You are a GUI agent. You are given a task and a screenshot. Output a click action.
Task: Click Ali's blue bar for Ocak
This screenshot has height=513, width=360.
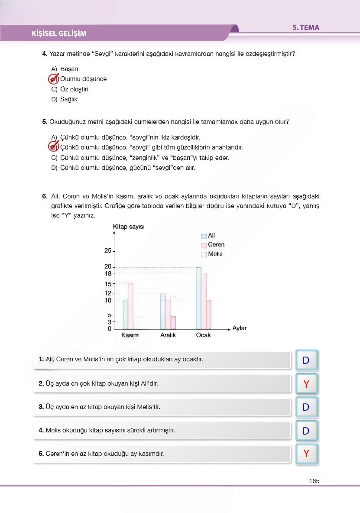pyautogui.click(x=198, y=299)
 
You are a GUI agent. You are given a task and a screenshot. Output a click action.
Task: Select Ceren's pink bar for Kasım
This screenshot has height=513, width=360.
pyautogui.click(x=130, y=306)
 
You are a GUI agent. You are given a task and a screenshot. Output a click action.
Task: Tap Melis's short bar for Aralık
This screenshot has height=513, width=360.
pyautogui.click(x=173, y=322)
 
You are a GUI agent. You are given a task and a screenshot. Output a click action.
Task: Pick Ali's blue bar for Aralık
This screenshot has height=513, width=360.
pyautogui.click(x=163, y=311)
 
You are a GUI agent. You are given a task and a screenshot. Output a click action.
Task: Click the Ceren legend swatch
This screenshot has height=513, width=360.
pyautogui.click(x=204, y=245)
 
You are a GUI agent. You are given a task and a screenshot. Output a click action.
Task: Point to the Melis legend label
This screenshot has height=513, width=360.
pyautogui.click(x=215, y=254)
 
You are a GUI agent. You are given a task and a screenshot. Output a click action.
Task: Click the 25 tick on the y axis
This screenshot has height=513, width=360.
pyautogui.click(x=108, y=251)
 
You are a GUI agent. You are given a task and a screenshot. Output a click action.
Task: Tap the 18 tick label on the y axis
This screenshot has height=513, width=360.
pyautogui.click(x=108, y=273)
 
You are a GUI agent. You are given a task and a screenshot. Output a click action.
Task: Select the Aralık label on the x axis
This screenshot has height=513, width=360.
pyautogui.click(x=168, y=335)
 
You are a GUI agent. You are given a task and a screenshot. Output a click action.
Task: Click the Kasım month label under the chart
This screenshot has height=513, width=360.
pyautogui.click(x=130, y=335)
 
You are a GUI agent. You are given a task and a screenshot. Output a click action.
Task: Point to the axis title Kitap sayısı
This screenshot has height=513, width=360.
pyautogui.click(x=129, y=227)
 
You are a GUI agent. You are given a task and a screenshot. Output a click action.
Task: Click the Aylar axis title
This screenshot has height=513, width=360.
pyautogui.click(x=239, y=328)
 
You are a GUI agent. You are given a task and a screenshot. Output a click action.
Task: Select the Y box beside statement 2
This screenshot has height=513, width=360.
pyautogui.click(x=306, y=384)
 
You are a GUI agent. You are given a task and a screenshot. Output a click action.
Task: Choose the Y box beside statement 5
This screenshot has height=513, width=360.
pyautogui.click(x=306, y=454)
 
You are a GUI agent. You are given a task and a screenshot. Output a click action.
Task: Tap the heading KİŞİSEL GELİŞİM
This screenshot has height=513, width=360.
pyautogui.click(x=59, y=34)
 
